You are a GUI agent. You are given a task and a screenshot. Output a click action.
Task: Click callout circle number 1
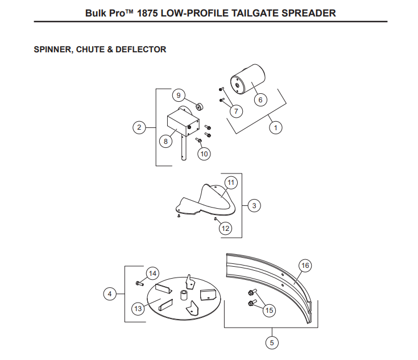(x=276, y=128)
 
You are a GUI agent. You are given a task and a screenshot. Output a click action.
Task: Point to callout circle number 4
(x=110, y=294)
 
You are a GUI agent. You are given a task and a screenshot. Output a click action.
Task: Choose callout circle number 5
(x=272, y=342)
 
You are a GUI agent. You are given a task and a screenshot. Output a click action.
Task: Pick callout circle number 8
(x=165, y=142)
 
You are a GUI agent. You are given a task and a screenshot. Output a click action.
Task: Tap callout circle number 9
(x=178, y=95)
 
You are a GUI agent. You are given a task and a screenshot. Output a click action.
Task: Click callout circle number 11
(x=231, y=183)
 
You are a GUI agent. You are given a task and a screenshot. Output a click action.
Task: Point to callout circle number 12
(x=225, y=228)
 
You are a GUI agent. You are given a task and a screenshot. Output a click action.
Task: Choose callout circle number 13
(x=138, y=308)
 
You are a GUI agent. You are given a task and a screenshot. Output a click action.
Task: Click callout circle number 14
(x=152, y=274)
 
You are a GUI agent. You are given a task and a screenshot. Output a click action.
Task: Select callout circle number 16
(x=305, y=266)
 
